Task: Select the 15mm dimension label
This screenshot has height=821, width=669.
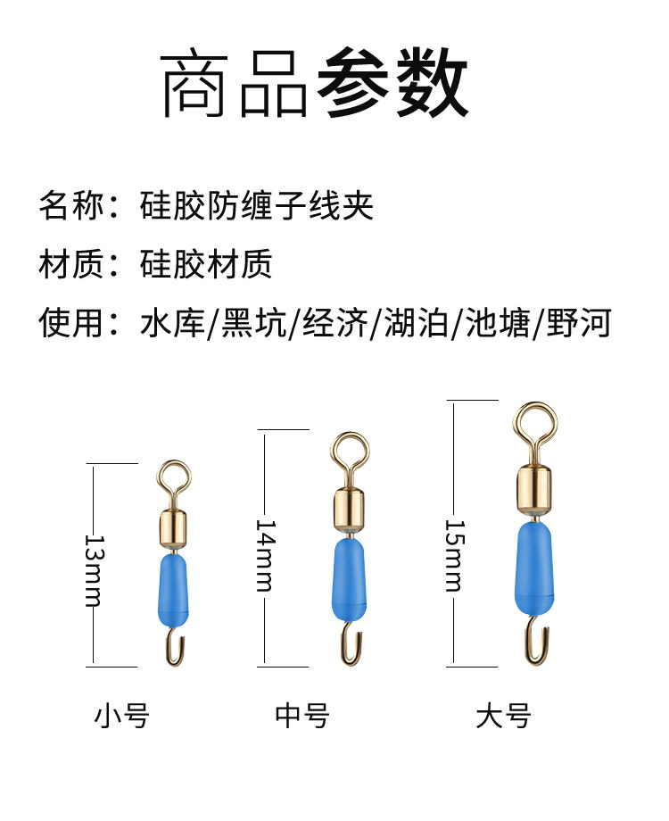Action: [x=455, y=554]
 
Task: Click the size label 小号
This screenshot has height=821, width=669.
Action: [x=122, y=715]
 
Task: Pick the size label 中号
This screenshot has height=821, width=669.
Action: [x=302, y=715]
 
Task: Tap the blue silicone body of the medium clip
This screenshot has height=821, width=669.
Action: [x=350, y=579]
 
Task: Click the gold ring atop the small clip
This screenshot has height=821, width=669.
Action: [x=175, y=478]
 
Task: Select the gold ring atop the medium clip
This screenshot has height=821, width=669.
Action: [x=350, y=451]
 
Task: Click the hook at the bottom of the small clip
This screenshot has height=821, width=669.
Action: [x=175, y=647]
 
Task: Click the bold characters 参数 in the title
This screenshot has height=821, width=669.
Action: [x=392, y=87]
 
